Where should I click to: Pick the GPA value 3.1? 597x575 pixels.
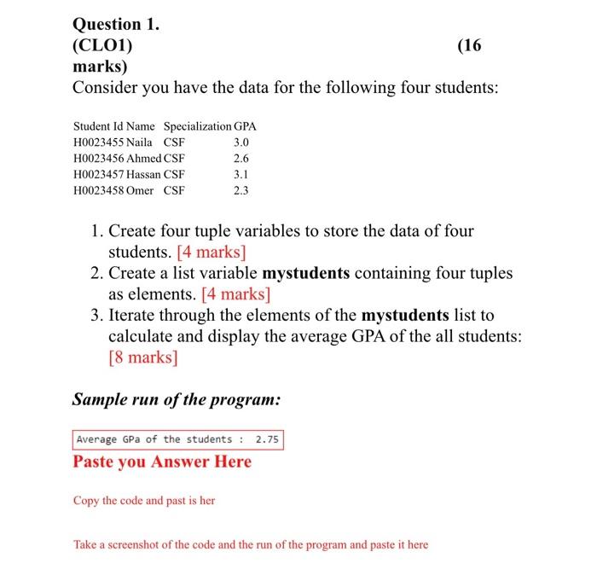241,174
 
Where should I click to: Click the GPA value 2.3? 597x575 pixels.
241,190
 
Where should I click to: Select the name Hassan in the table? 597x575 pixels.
144,174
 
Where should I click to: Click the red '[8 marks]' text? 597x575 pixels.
143,357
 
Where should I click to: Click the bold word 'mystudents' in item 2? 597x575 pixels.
306,273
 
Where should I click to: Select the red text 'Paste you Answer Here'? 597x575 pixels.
162,462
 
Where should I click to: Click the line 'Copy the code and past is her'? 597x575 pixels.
144,501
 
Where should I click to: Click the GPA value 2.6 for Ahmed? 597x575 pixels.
241,159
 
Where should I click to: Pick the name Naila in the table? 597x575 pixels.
139,142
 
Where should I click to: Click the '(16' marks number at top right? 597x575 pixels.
470,45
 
